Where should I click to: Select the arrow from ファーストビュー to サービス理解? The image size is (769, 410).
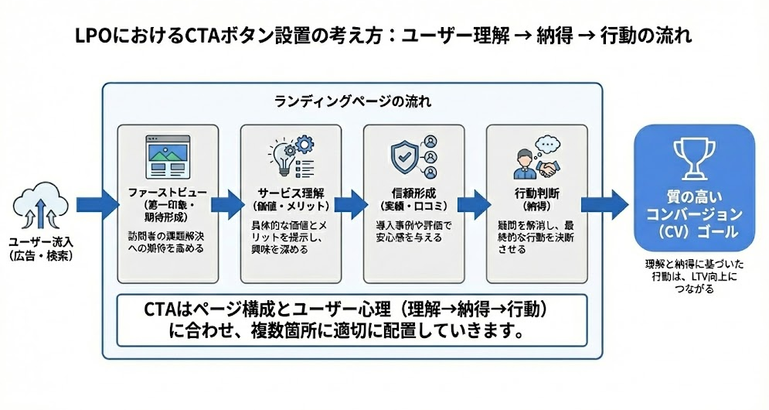point(226,205)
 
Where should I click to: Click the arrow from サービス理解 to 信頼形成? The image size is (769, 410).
point(349,205)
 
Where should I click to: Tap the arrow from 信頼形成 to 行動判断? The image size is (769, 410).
point(471,205)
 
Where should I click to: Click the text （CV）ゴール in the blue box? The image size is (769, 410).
point(693,231)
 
